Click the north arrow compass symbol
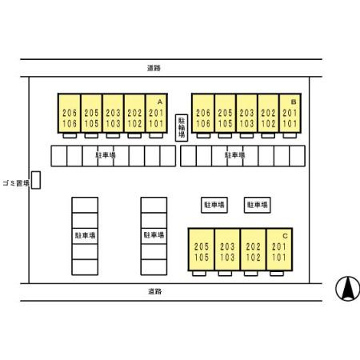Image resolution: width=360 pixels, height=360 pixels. [x=347, y=289]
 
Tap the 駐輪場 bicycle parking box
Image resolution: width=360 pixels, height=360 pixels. [x=182, y=128]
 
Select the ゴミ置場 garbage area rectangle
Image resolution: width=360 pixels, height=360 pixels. [x=36, y=180]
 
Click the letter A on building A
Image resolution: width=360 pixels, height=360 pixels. [x=160, y=102]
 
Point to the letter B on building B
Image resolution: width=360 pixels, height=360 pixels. [x=294, y=102]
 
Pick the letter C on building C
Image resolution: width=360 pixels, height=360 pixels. [x=285, y=236]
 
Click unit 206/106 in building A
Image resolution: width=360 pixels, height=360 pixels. [x=70, y=114]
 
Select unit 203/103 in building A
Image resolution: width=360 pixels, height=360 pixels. [x=113, y=114]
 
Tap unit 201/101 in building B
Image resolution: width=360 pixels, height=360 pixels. [x=290, y=114]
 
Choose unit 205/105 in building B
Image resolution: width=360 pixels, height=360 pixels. [x=225, y=114]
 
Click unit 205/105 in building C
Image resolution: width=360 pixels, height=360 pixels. [x=202, y=250]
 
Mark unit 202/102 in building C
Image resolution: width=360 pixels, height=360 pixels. [x=253, y=250]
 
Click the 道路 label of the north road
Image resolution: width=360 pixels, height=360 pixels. [x=154, y=68]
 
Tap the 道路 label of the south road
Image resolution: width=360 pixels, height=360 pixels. [x=154, y=291]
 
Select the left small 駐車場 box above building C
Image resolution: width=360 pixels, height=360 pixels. [x=214, y=205]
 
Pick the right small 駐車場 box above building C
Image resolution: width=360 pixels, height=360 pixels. [x=258, y=205]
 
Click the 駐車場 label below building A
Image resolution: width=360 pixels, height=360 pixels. [x=106, y=155]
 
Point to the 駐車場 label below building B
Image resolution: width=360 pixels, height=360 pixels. [x=235, y=155]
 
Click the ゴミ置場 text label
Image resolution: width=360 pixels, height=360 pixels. [x=16, y=183]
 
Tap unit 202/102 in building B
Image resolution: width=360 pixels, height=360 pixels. [x=268, y=114]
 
